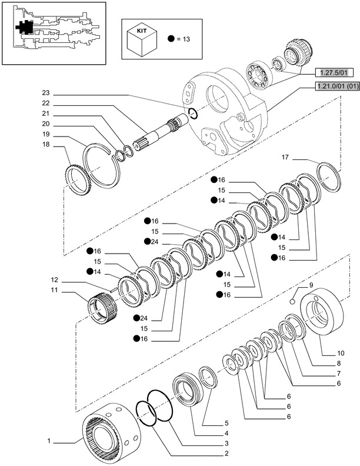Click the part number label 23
pyautogui.click(x=46, y=92)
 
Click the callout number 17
pyautogui.click(x=285, y=157)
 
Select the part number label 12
pyautogui.click(x=53, y=279)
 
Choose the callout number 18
pyautogui.click(x=46, y=144)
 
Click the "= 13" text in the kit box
pyautogui.click(x=184, y=39)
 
